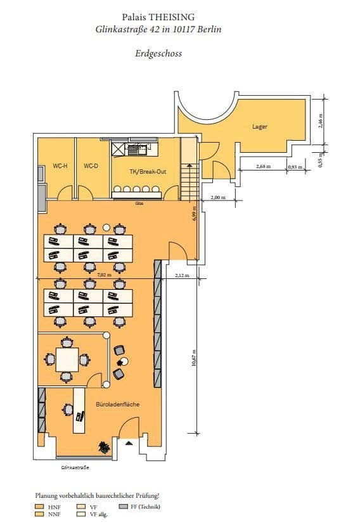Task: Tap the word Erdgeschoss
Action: tap(158, 53)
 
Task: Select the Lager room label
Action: tap(260, 127)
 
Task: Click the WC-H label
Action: tap(60, 166)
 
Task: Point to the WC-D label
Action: tap(91, 166)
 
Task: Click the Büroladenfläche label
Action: tap(117, 404)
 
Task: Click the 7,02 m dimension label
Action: tap(105, 275)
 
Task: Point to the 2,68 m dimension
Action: tap(263, 167)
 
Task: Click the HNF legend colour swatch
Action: tap(39, 507)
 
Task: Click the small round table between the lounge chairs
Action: tap(124, 361)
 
